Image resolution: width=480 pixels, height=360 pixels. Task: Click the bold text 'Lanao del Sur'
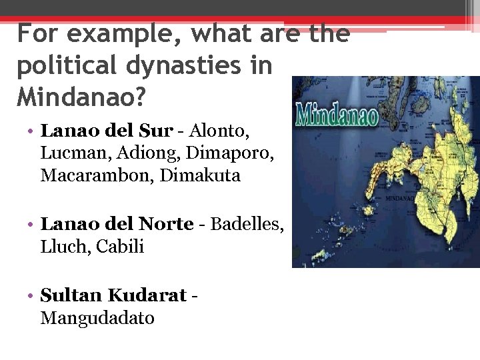tap(106, 131)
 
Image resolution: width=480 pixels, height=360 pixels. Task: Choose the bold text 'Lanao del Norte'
tap(117, 224)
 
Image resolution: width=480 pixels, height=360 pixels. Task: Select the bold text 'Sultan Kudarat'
tap(113, 295)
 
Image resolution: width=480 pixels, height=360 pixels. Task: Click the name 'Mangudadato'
tap(97, 318)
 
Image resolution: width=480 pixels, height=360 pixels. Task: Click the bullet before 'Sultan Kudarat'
tap(32, 295)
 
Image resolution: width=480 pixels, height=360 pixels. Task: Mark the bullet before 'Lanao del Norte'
tap(32, 225)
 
